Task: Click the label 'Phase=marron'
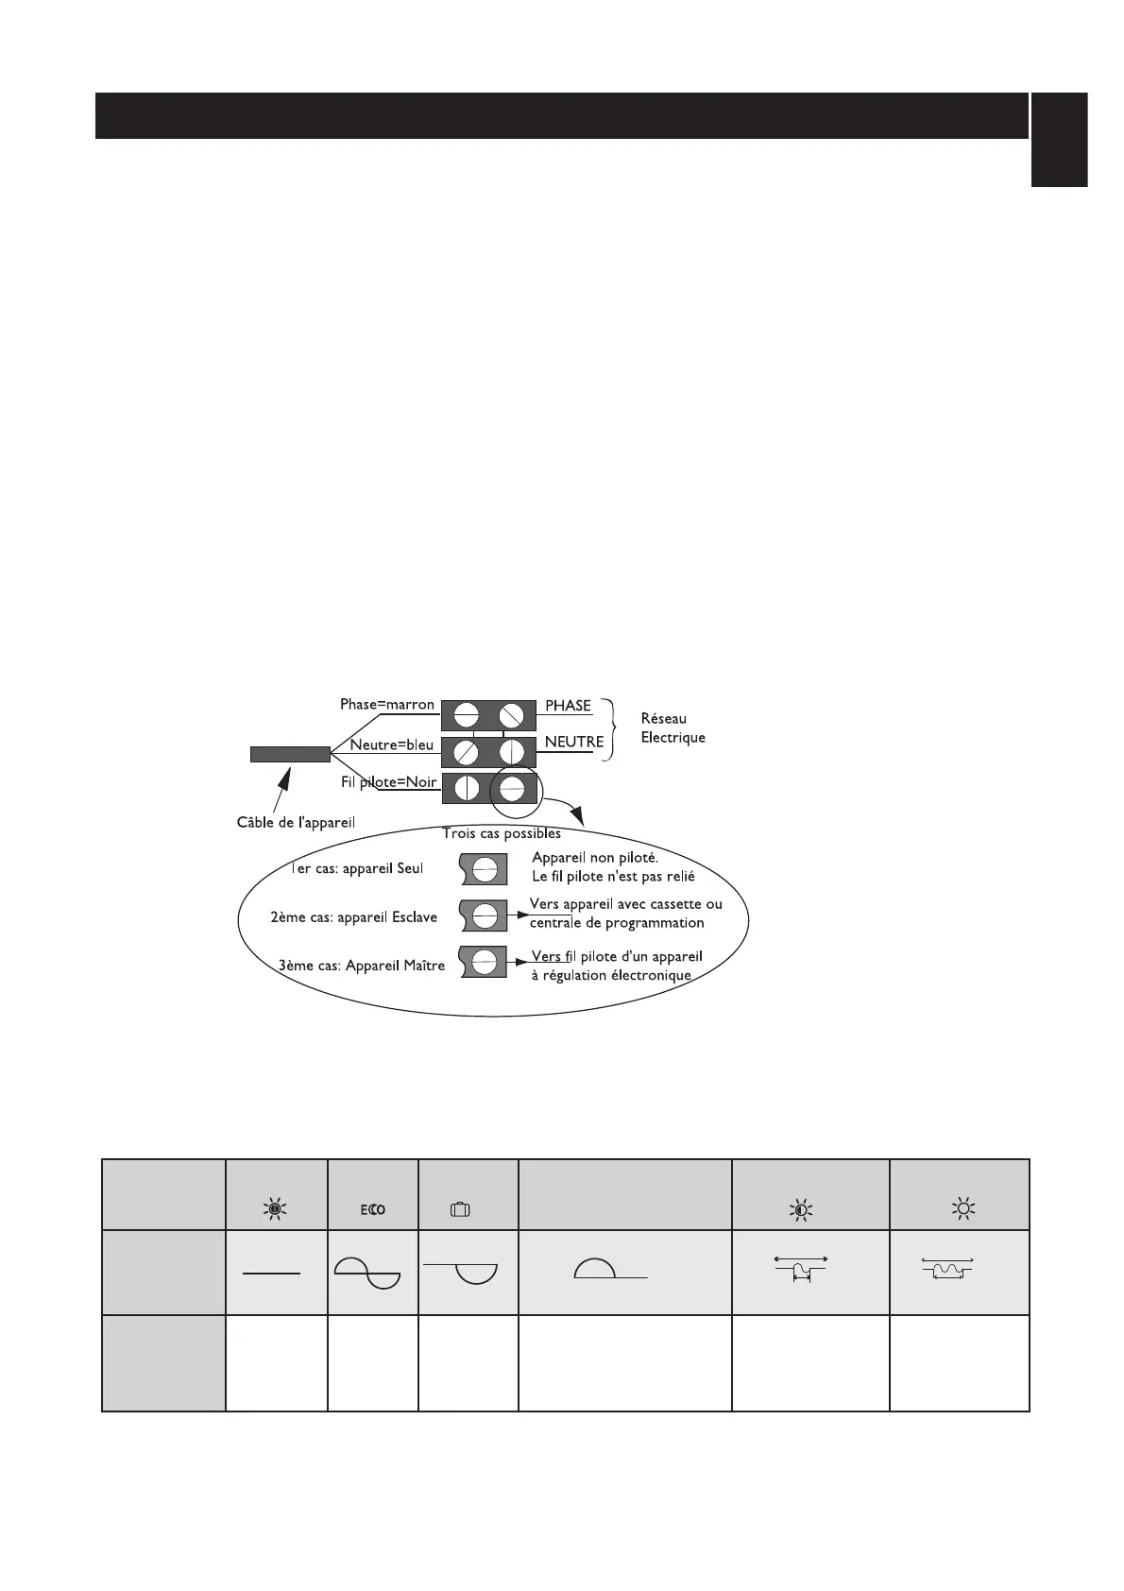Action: tap(387, 705)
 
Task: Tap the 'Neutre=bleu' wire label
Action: tap(391, 744)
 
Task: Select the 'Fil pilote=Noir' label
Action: tap(388, 782)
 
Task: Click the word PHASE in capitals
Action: tap(568, 706)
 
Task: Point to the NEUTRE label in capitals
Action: tap(573, 743)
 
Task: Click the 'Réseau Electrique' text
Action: tap(673, 728)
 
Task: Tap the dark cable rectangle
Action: tap(290, 754)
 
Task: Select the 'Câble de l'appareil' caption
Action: tap(296, 822)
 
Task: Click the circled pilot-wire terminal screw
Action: tap(512, 788)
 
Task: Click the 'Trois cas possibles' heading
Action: tap(502, 833)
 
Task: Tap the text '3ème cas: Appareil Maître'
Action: tap(362, 966)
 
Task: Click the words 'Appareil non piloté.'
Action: tap(595, 858)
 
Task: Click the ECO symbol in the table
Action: tap(373, 1209)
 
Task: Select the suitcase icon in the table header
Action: tap(460, 1209)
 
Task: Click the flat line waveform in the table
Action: tap(272, 1274)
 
